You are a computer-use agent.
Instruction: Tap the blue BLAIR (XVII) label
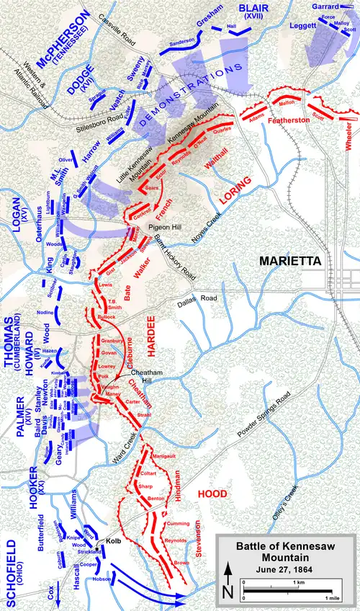(254, 10)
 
